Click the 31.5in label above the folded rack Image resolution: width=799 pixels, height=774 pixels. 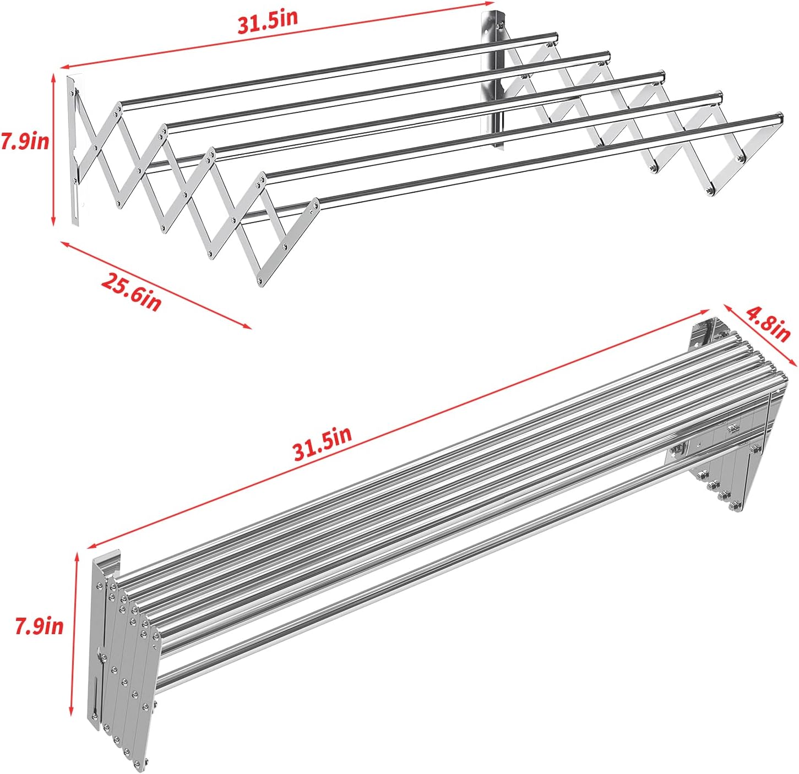click(x=322, y=444)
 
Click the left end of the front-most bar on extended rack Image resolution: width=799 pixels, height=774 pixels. click(x=319, y=204)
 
